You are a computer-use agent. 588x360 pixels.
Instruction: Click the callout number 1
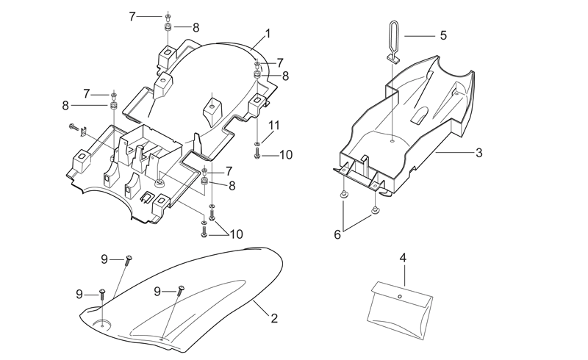268,33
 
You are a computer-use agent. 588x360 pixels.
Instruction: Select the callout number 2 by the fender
274,318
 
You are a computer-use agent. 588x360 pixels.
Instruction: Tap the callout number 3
479,153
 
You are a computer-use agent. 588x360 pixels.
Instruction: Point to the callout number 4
403,258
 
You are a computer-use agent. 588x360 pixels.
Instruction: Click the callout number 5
444,35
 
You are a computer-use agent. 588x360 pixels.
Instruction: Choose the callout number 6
337,235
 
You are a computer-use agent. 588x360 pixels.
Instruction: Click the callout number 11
274,125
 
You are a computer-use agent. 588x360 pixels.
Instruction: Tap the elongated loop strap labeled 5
392,40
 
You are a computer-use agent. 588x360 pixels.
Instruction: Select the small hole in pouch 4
400,297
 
